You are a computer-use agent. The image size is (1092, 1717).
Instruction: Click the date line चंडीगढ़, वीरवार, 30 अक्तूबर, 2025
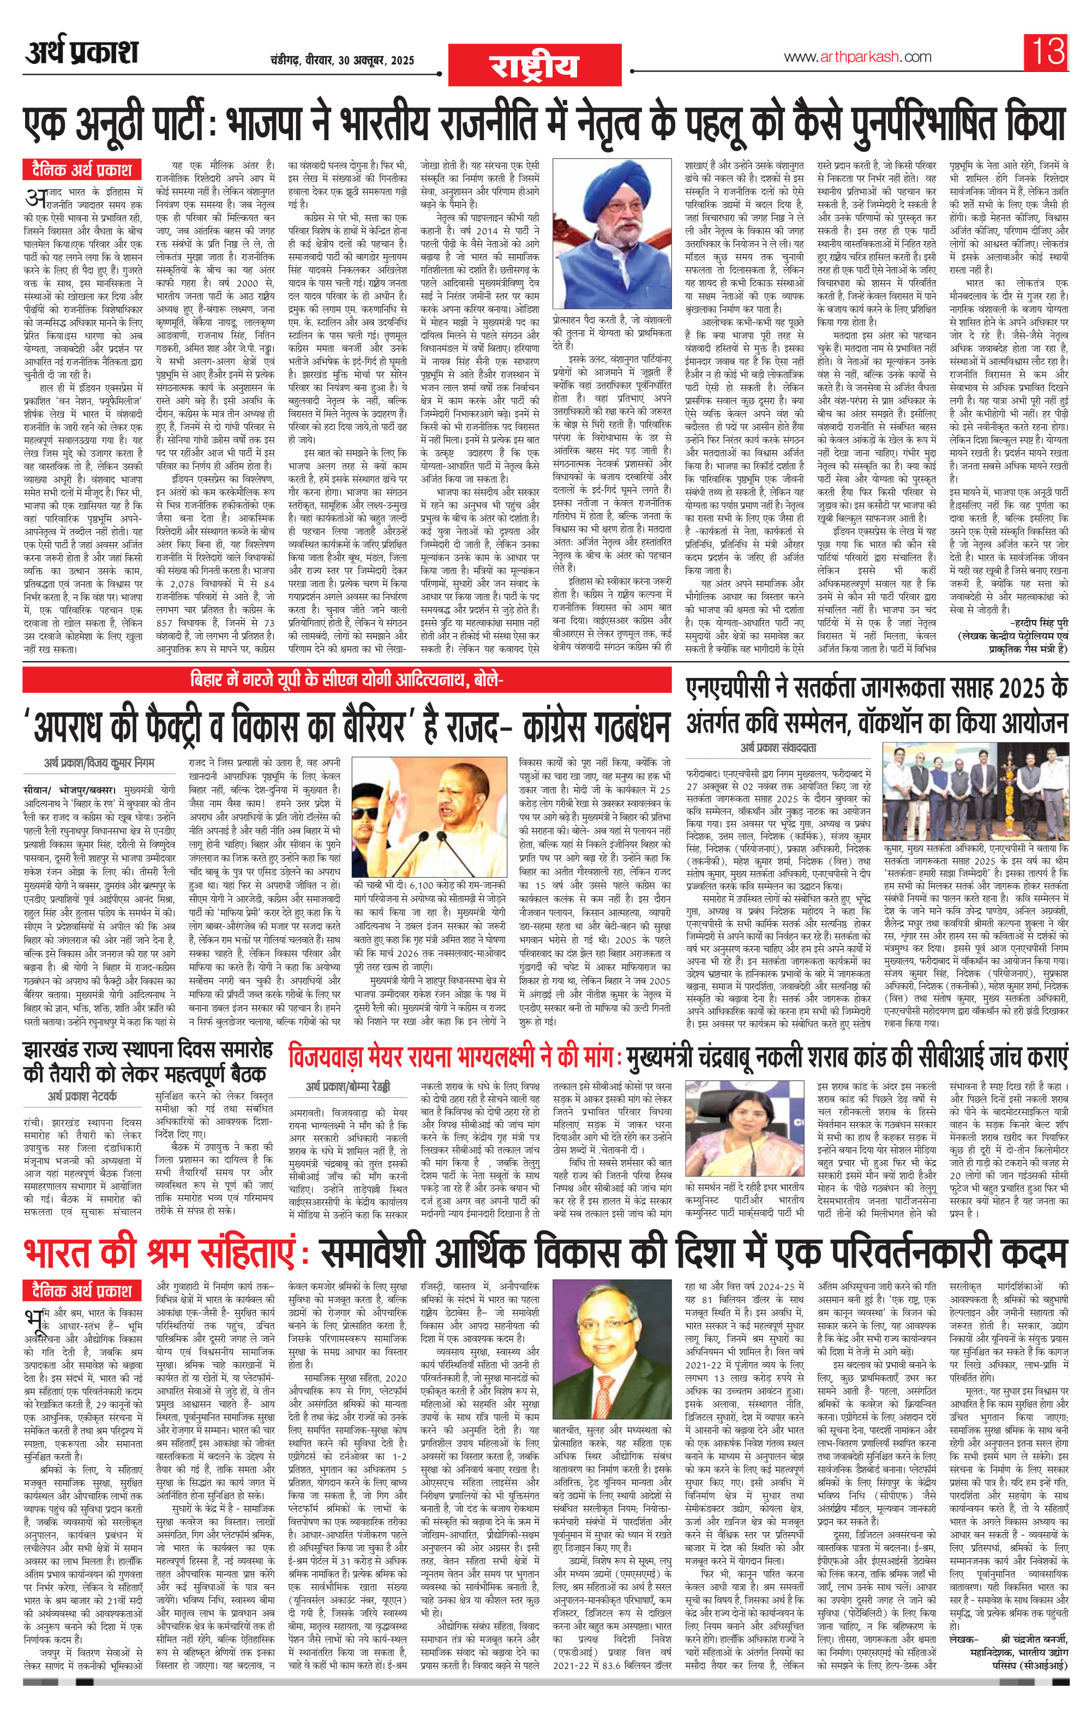click(x=343, y=60)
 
